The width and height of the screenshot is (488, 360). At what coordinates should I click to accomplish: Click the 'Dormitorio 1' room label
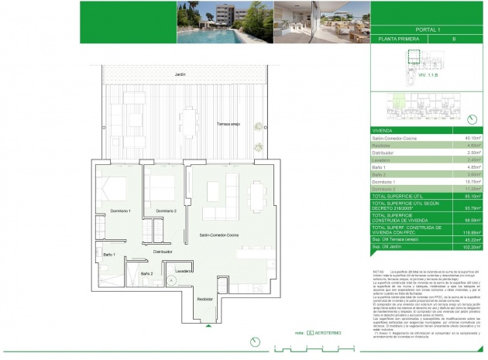point(119,211)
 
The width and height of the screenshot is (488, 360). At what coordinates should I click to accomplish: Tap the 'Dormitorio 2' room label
point(167,211)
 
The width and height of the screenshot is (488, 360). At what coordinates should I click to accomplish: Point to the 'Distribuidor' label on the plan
point(162,252)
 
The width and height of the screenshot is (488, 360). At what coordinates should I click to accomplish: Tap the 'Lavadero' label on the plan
point(183,271)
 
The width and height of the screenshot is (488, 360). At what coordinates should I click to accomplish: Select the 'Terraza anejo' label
point(230,123)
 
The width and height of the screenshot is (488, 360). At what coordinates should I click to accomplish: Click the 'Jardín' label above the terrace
point(180,74)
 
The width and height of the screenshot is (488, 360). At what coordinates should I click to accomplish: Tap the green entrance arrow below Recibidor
point(208,326)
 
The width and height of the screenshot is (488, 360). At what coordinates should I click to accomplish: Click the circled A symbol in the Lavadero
point(174,280)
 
